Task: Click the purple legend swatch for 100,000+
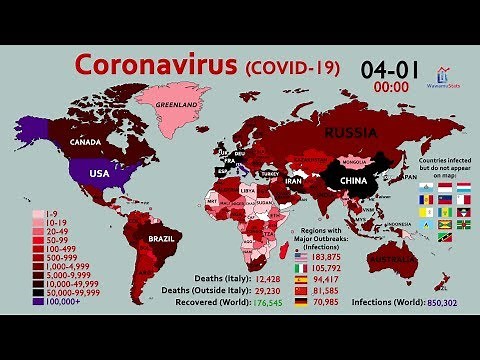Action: click(x=37, y=299)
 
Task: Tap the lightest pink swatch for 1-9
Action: click(x=37, y=213)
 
